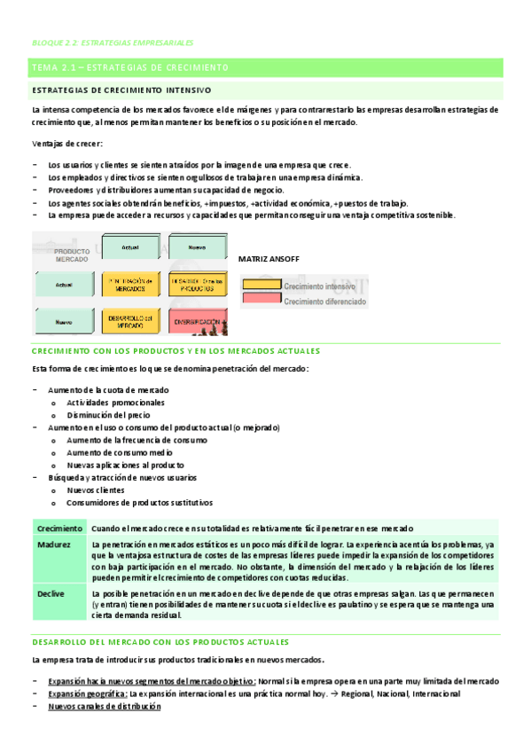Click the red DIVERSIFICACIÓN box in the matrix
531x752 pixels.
coord(193,324)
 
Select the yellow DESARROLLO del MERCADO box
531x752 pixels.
coord(130,323)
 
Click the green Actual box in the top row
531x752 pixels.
coord(130,246)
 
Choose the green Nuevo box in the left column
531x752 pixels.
coord(63,323)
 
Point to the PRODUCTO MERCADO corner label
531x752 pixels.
coord(66,255)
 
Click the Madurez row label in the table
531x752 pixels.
coord(54,544)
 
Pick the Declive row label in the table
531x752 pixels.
coord(51,592)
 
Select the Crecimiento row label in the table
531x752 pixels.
coord(59,528)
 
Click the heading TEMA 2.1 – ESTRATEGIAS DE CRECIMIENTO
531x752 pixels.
coord(129,68)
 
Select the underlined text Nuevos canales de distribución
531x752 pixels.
coord(105,707)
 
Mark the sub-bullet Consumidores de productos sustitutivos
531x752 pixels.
coord(140,502)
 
